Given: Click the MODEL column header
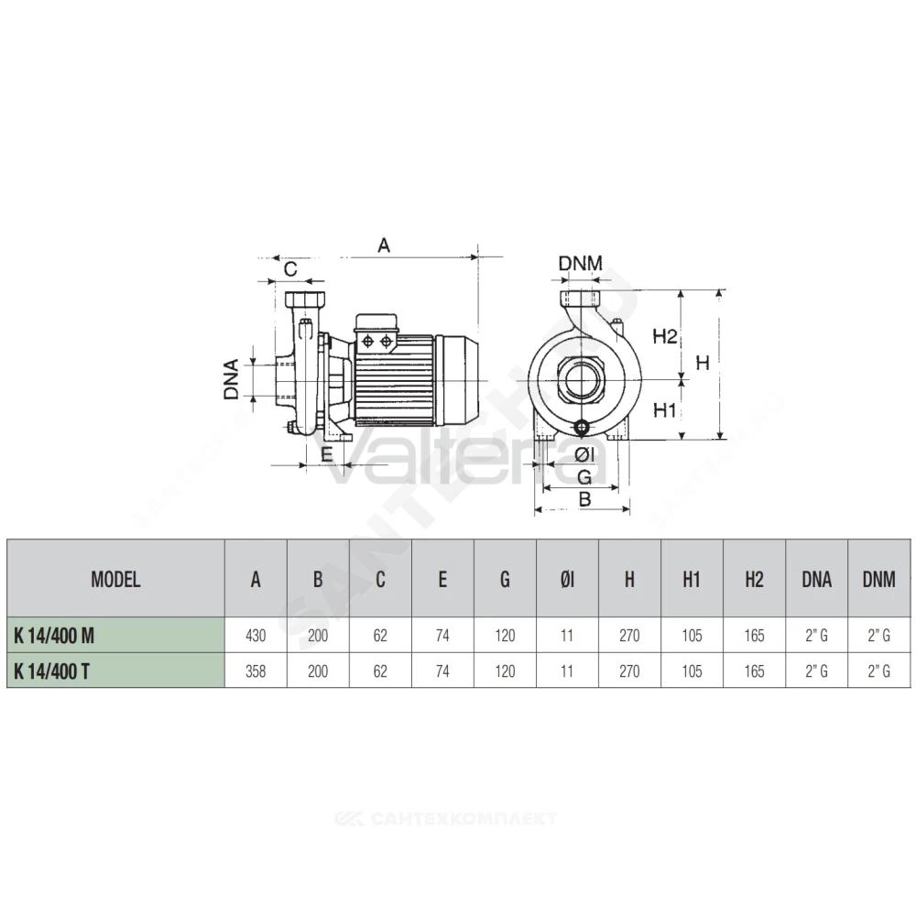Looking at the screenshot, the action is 115,580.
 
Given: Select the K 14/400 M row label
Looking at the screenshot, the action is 54,635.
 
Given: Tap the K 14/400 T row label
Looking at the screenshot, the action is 51,671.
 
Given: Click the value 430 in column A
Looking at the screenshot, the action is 256,635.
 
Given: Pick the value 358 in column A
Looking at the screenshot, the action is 256,671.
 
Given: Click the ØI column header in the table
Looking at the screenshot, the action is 567,580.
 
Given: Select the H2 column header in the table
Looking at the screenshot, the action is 754,580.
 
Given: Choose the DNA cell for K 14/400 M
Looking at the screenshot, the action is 817,635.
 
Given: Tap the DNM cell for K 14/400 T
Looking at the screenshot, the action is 879,671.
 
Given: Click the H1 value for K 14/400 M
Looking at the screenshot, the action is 692,635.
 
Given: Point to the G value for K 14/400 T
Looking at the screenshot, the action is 505,671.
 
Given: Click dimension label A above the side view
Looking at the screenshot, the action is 383,245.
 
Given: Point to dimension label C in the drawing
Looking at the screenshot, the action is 290,268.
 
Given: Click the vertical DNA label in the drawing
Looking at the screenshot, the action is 232,379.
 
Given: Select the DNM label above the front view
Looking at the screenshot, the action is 580,264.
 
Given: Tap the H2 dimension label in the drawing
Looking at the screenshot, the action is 665,336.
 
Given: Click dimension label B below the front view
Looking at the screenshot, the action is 584,499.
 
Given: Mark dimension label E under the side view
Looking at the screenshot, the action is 327,454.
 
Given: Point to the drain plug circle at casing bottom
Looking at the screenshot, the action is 583,428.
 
